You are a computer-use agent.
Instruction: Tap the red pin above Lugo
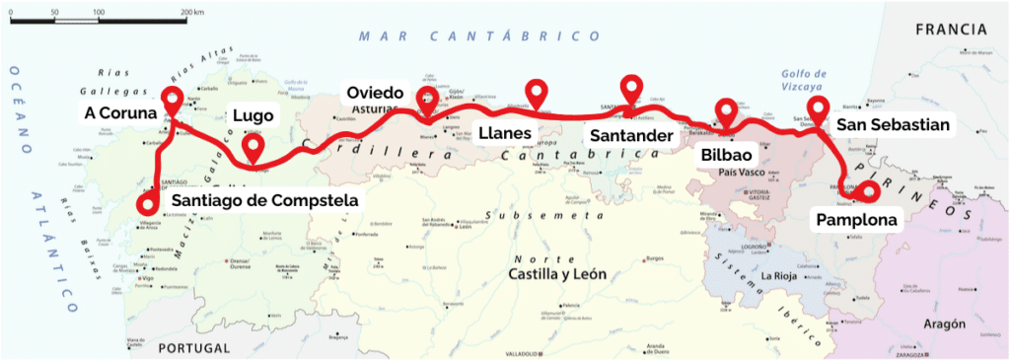click(253, 148)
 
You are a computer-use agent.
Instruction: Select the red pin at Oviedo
click(427, 98)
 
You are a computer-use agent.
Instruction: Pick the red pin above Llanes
click(537, 91)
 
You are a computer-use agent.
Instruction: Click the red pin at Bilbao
click(726, 110)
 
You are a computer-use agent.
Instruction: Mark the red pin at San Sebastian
click(817, 108)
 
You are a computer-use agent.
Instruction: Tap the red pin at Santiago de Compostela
click(147, 202)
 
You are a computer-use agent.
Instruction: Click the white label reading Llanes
click(504, 133)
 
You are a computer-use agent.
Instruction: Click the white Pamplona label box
click(855, 219)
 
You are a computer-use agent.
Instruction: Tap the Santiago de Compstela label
click(263, 201)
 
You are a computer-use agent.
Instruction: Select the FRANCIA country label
click(951, 31)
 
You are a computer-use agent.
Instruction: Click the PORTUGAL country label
click(193, 347)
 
